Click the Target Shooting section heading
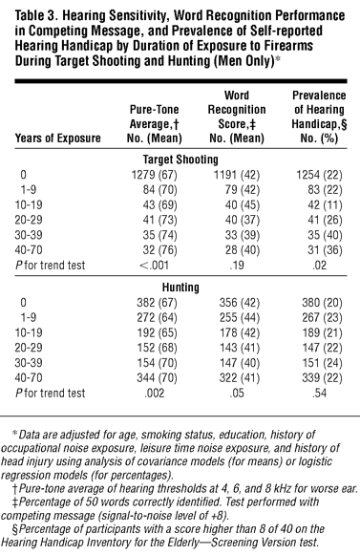[x=180, y=160]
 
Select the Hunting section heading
[x=180, y=288]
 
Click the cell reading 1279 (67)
[x=155, y=175]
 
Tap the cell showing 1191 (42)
[x=237, y=175]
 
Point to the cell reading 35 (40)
[x=325, y=235]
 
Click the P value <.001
[x=155, y=266]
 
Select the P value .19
[x=237, y=266]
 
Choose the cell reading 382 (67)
[x=157, y=303]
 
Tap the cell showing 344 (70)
[x=157, y=378]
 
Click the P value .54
[x=319, y=393]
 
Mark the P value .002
[x=155, y=393]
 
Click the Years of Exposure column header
[x=57, y=138]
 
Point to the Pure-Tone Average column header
[x=155, y=123]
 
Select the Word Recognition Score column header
[x=237, y=117]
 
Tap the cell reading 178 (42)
[x=240, y=332]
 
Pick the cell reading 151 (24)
[x=322, y=363]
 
